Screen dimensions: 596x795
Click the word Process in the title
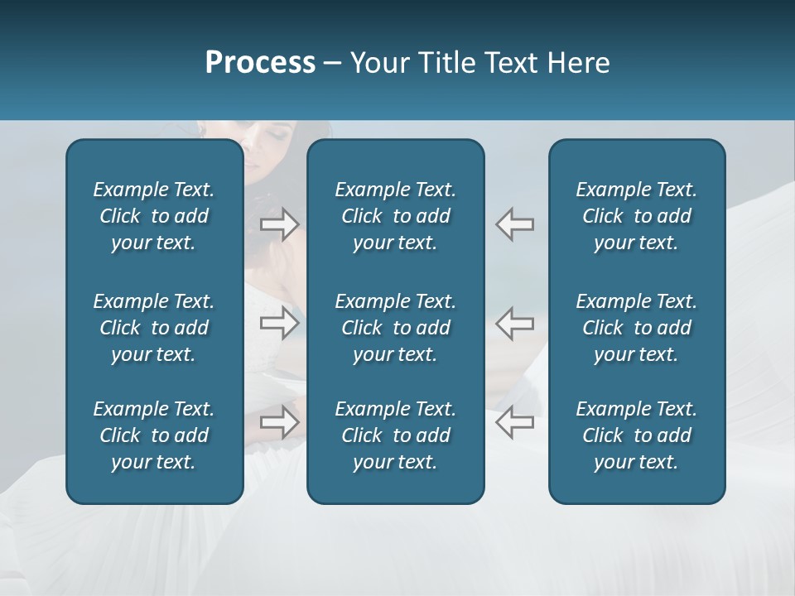pyautogui.click(x=260, y=63)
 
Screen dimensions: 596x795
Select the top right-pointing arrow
pyautogui.click(x=280, y=224)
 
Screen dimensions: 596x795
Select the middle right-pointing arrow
pyautogui.click(x=280, y=323)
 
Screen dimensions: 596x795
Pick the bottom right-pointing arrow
pyautogui.click(x=280, y=422)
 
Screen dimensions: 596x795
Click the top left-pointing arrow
pyautogui.click(x=515, y=224)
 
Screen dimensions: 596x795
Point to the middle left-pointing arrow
pyautogui.click(x=515, y=323)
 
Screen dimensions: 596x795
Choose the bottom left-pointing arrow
pyautogui.click(x=515, y=422)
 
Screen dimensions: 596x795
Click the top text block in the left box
pyautogui.click(x=154, y=216)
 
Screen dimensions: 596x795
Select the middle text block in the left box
pyautogui.click(x=154, y=328)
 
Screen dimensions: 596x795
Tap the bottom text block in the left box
pyautogui.click(x=154, y=435)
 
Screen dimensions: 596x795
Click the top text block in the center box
pyautogui.click(x=395, y=216)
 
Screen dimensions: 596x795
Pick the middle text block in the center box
pyautogui.click(x=395, y=328)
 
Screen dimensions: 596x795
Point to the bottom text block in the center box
pyautogui.click(x=395, y=435)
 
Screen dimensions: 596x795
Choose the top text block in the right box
pyautogui.click(x=637, y=216)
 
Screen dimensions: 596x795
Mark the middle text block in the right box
pyautogui.click(x=637, y=328)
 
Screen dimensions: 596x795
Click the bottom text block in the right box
pyautogui.click(x=637, y=435)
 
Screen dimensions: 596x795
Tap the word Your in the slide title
pyautogui.click(x=381, y=63)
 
